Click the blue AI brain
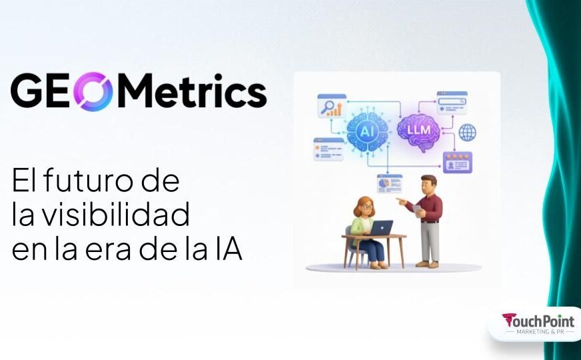[367, 129]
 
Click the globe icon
[468, 132]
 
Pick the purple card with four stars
[457, 162]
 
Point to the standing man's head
[429, 185]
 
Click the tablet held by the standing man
[418, 210]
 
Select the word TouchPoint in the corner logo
[538, 321]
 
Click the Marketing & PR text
[538, 331]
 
